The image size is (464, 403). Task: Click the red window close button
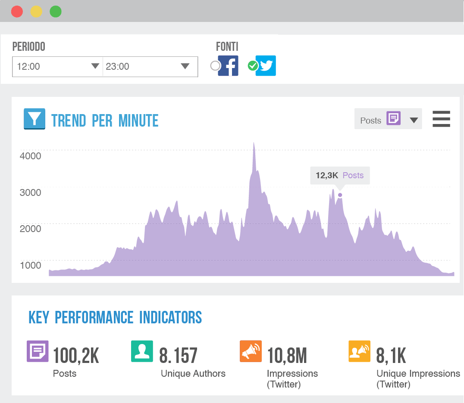coord(17,11)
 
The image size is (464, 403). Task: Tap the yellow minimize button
coord(36,11)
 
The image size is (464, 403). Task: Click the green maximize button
coord(56,11)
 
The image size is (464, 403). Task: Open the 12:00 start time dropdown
coord(57,66)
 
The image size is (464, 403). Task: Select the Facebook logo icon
coord(228,66)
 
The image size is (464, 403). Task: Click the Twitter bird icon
coord(266,66)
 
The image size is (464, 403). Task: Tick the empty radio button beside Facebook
coord(215,66)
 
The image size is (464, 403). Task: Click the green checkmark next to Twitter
coord(253,66)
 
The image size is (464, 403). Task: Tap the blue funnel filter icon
coord(34,119)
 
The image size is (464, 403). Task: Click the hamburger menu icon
coord(441,119)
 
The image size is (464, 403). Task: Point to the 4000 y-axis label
coord(31,156)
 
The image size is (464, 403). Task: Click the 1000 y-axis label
coord(31,265)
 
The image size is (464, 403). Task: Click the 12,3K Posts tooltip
coord(340,175)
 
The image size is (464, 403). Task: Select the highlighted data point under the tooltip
coord(340,195)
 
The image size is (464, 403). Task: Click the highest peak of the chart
coord(254,144)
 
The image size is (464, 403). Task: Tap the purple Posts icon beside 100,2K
coord(38,351)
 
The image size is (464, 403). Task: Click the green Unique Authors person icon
coord(142,351)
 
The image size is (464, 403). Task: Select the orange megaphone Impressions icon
coord(251,351)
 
